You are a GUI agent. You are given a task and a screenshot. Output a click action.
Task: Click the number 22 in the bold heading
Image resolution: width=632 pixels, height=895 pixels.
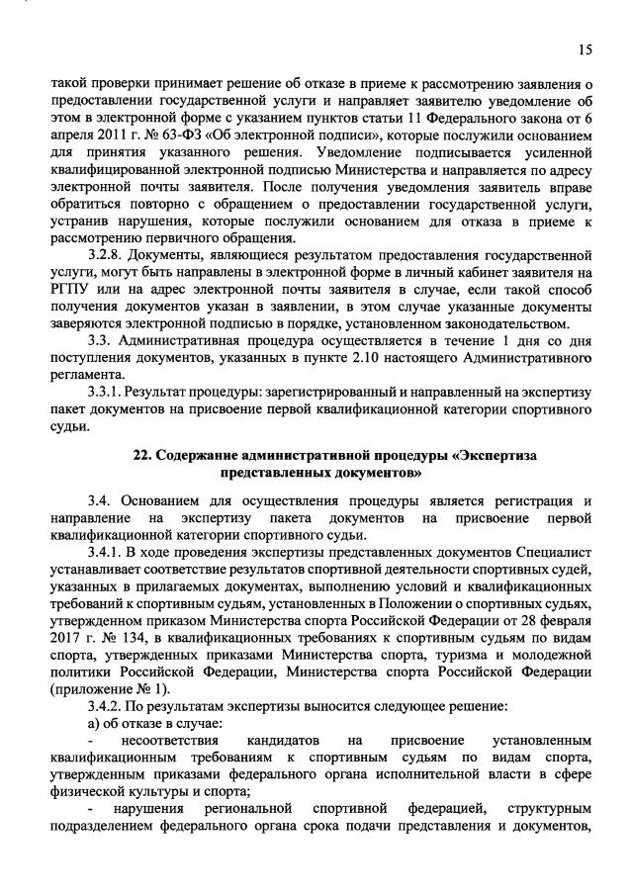tap(141, 454)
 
